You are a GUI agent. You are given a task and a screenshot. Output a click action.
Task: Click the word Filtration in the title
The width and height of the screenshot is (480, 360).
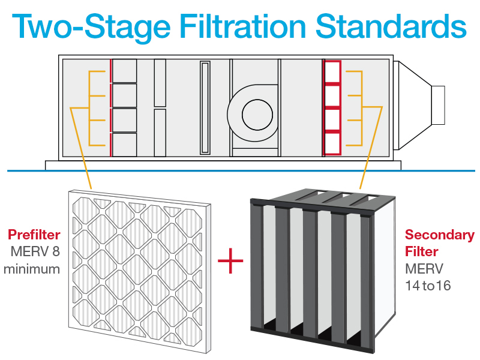coord(248,26)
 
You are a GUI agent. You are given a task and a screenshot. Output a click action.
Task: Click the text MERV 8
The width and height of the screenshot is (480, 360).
coord(35,251)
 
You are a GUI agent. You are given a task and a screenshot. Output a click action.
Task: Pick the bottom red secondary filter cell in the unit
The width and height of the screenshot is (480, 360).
coord(332,145)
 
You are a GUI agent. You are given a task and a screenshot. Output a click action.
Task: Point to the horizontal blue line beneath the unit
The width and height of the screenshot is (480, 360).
coord(240,171)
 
